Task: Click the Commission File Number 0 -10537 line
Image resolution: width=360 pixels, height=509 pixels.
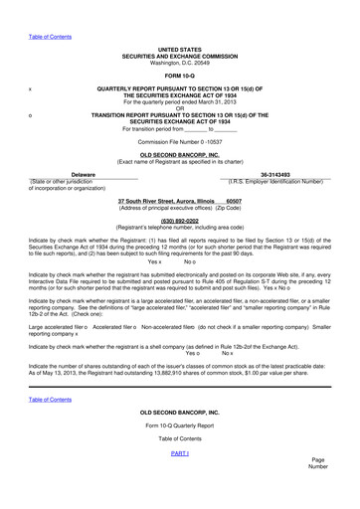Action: [x=179, y=141]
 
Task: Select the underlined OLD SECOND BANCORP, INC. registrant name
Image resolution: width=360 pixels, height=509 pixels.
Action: [x=179, y=155]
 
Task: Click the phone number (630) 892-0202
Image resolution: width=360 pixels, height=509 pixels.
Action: [x=179, y=220]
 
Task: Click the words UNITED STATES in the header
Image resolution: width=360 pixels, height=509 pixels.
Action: [x=179, y=49]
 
